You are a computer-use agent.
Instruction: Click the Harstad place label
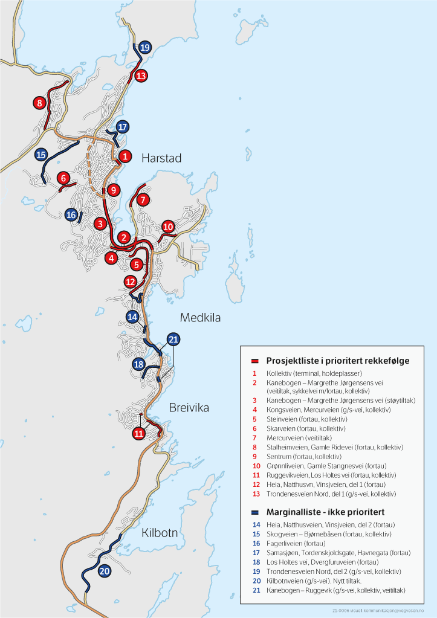[x=161, y=158]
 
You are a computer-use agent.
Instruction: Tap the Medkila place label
[x=200, y=318]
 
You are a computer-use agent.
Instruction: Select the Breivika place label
[x=189, y=408]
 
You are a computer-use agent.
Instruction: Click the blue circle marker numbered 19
[x=145, y=47]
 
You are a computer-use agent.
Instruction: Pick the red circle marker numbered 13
[x=141, y=76]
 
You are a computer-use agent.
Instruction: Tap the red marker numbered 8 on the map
[x=40, y=103]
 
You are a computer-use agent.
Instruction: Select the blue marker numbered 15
[x=41, y=155]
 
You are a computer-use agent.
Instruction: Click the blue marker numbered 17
[x=123, y=127]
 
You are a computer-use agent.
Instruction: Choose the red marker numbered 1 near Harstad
[x=125, y=156]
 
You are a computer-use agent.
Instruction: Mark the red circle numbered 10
[x=168, y=227]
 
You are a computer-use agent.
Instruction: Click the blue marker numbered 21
[x=173, y=339]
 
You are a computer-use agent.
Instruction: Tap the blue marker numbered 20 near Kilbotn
[x=104, y=570]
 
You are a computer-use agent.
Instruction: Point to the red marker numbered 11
[x=139, y=433]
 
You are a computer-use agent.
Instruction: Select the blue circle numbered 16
[x=71, y=214]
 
